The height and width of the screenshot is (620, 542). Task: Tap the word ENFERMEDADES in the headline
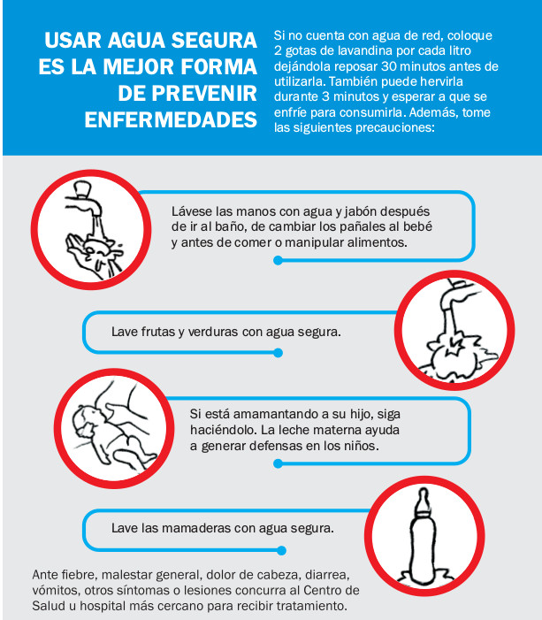click(171, 119)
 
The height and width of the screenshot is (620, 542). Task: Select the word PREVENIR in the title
click(204, 94)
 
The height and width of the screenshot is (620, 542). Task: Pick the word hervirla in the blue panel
click(441, 81)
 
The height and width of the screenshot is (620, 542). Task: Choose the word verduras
click(213, 332)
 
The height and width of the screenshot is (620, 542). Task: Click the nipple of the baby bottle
click(424, 499)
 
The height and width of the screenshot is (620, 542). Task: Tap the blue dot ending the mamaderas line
click(281, 550)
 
